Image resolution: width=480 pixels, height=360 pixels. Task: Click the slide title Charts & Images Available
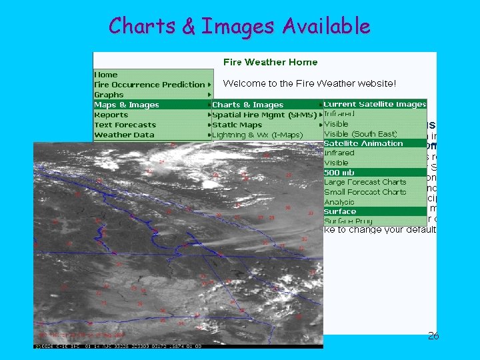[x=239, y=26]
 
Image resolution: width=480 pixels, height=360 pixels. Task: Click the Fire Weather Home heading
[x=270, y=62]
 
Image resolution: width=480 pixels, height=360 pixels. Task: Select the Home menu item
[x=106, y=75]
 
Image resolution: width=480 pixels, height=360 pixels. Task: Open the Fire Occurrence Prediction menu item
[x=149, y=85]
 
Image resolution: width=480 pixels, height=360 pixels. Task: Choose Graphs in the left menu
[x=109, y=95]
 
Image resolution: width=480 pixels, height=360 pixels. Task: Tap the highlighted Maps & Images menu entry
[x=127, y=105]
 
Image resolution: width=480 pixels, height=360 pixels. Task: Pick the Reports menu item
[x=111, y=115]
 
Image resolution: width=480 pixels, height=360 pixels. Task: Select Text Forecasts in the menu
[x=125, y=125]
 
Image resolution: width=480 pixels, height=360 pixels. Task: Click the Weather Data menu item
[x=124, y=135]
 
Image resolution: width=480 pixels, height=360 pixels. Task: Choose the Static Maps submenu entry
[x=237, y=125]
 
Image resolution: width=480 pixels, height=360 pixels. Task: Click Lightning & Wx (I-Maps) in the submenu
[x=257, y=135]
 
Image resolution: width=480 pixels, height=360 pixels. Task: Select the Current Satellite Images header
[x=374, y=104]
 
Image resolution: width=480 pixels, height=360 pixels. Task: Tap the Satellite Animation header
[x=363, y=143]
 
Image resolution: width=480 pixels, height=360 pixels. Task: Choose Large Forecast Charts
[x=365, y=182]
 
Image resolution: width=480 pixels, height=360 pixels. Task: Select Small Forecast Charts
[x=365, y=192]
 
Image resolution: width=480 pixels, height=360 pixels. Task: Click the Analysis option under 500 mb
[x=339, y=202]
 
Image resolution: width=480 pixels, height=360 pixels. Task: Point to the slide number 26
[x=433, y=336]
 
